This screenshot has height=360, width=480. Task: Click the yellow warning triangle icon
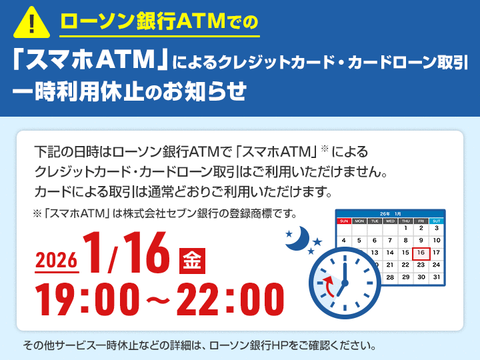[x=31, y=23]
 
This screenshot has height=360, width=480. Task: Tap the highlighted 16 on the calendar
[x=421, y=253]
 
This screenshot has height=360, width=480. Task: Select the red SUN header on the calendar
[x=344, y=220]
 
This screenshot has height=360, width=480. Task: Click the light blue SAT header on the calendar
[x=437, y=220]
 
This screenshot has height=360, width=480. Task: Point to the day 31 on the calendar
[x=437, y=277]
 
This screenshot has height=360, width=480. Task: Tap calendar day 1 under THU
[x=405, y=229]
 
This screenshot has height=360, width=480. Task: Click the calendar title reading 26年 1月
[x=390, y=213]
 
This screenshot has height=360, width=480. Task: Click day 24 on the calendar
[x=437, y=265]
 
